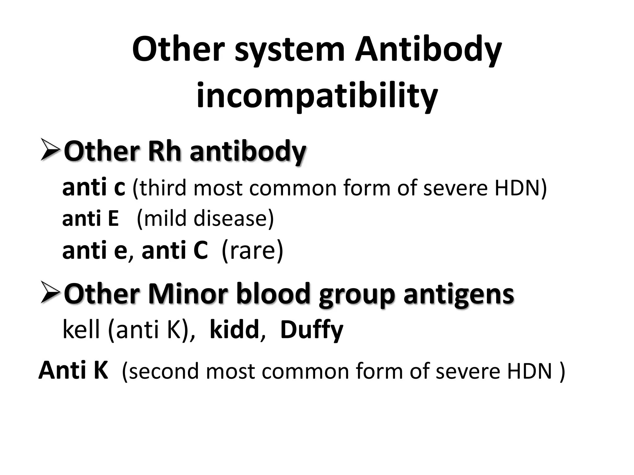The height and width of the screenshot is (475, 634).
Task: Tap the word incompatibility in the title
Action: (x=317, y=95)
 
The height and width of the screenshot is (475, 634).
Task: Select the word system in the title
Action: (x=290, y=50)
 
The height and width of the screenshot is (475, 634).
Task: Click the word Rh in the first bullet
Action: (x=164, y=152)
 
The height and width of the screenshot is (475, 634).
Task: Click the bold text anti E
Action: (x=90, y=218)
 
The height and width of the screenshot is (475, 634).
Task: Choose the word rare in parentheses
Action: (x=252, y=250)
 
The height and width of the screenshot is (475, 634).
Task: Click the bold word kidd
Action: (x=234, y=330)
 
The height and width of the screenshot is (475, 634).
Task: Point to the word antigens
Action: (x=458, y=294)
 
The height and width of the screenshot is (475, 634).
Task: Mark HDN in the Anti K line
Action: (x=530, y=370)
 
